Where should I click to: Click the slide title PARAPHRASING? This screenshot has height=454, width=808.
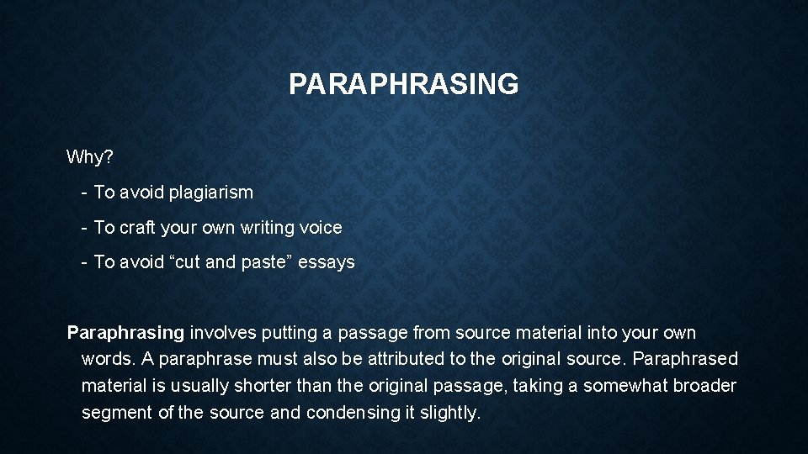coord(403,84)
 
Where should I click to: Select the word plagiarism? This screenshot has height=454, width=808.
coord(210,193)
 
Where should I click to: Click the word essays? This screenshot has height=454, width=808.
coord(327,262)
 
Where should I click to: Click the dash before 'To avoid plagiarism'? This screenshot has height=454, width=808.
coord(84,193)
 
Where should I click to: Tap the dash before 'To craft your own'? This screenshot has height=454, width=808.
coord(84,227)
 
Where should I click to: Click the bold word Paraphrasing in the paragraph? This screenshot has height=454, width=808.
coord(125,333)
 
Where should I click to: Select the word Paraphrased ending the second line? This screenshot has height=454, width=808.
coord(685,359)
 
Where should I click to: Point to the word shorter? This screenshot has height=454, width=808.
coord(262,386)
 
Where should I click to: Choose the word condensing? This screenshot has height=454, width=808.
coord(348,413)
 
